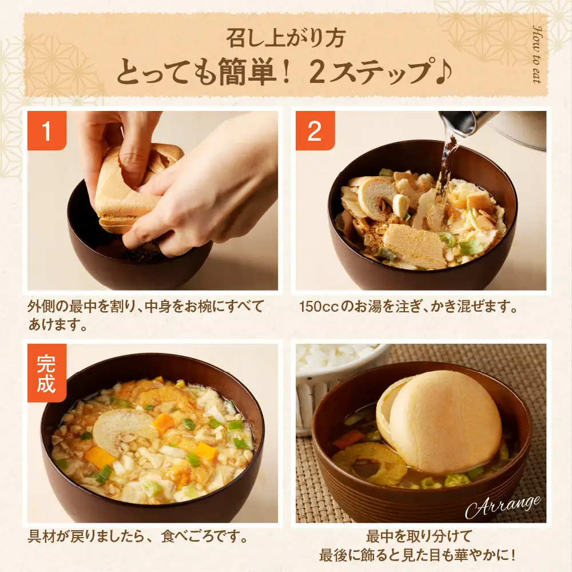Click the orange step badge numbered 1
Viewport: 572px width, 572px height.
coord(47,131)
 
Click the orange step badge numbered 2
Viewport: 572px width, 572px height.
coord(315,131)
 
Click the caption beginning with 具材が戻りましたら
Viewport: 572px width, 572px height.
coord(137,538)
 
